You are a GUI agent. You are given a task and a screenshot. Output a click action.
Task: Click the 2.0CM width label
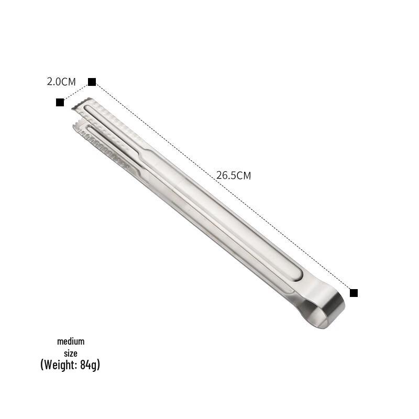[x=61, y=82]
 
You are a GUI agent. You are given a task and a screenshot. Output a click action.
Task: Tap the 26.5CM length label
[x=233, y=175]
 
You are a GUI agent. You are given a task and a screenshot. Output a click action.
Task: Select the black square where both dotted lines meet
[x=92, y=82]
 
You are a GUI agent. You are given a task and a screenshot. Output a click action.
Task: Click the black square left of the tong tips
[x=60, y=102]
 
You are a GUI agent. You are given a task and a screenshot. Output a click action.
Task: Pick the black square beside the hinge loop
[x=354, y=293]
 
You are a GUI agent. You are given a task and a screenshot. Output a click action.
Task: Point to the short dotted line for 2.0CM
[x=76, y=92]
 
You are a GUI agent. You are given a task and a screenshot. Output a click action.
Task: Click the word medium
[x=71, y=341]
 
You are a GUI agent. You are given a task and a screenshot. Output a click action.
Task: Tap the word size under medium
[x=71, y=354]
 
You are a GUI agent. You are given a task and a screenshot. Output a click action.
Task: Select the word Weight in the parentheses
[x=59, y=365]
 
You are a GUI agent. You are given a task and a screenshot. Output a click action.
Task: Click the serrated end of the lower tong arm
[x=80, y=127]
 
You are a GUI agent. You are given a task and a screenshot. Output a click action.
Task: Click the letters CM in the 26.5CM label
[x=244, y=176]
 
